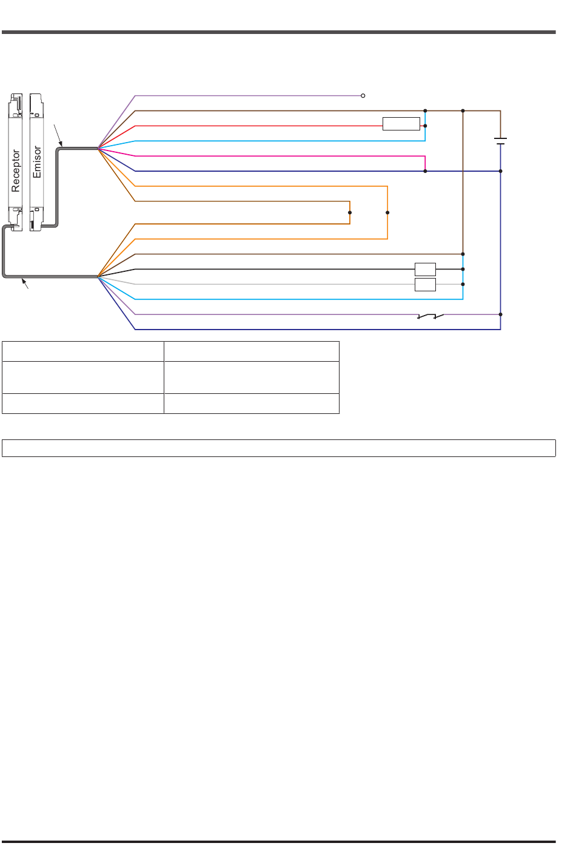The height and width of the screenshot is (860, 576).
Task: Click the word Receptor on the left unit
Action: (x=15, y=171)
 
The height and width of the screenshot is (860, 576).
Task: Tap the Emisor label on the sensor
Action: (x=37, y=161)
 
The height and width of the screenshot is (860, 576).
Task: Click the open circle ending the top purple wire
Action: (x=363, y=96)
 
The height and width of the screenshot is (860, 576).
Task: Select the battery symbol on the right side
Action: (x=500, y=141)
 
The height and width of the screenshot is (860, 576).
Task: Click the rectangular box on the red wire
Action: (x=401, y=124)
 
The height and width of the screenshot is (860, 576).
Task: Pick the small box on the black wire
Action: (x=425, y=269)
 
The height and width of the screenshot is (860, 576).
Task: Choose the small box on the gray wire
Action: (x=425, y=285)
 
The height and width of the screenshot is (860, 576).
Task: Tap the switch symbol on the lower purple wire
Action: (x=430, y=316)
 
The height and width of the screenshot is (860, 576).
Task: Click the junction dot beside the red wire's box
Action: (x=425, y=126)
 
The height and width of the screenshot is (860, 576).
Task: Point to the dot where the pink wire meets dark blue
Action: (x=425, y=171)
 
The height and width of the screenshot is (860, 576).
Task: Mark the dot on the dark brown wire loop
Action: (x=350, y=212)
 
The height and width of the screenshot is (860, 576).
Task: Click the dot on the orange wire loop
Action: (x=387, y=212)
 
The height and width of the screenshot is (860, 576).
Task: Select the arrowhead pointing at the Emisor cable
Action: (x=61, y=144)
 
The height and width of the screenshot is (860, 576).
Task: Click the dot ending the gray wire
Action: (x=463, y=284)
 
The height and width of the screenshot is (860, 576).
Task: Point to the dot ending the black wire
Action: (x=463, y=269)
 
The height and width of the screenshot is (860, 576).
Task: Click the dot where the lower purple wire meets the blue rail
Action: (x=500, y=314)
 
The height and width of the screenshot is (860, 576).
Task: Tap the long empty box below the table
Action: (x=279, y=448)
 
